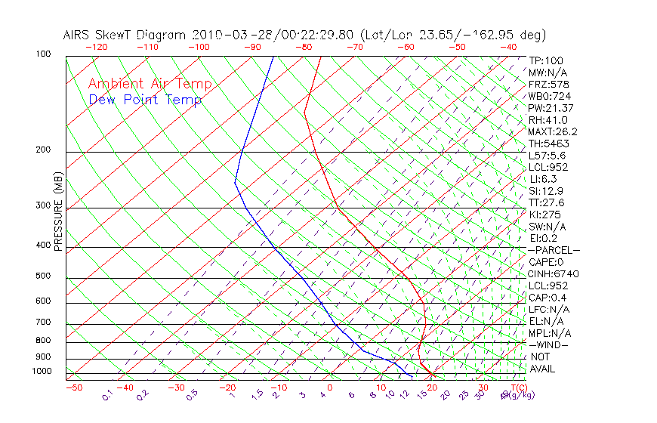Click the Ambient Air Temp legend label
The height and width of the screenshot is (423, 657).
(150, 84)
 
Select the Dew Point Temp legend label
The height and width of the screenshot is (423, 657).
(145, 100)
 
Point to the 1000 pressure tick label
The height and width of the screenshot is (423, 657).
(43, 372)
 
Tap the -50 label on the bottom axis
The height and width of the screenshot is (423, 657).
(73, 387)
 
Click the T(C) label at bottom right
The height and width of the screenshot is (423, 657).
(513, 387)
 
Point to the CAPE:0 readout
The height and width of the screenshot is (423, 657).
(547, 262)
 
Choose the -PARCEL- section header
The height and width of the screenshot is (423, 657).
(554, 250)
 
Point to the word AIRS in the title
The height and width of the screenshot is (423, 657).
(79, 35)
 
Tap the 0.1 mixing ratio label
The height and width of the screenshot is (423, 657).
(107, 395)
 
